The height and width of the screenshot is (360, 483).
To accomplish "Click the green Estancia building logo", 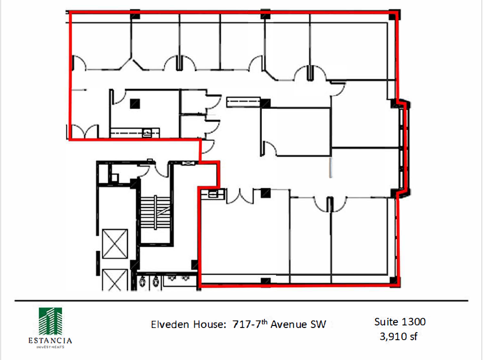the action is tap(50, 321).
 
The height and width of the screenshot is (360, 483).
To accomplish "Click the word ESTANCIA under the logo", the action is tap(50, 341).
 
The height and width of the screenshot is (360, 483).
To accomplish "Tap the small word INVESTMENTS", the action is tap(50, 347).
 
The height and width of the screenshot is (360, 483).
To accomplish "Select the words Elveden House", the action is tap(188, 324).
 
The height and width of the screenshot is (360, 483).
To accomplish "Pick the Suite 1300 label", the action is tap(400, 322).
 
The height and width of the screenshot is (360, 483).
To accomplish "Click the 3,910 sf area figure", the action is tap(398, 336).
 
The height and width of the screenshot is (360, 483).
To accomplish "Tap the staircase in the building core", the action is tap(155, 213).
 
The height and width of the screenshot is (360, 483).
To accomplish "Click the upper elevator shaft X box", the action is tap(115, 244).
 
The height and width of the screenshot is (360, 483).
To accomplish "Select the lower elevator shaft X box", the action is tap(115, 280).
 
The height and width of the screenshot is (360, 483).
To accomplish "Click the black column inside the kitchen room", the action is tap(135, 104).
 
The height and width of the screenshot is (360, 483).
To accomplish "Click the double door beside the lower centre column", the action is tap(240, 197).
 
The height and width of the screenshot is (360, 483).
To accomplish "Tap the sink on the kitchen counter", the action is tap(147, 133).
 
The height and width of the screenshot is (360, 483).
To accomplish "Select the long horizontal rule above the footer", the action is tap(241, 301).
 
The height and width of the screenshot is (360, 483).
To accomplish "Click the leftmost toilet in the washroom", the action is tap(142, 282).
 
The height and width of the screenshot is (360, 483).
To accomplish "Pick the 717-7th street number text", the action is tap(250, 324).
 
